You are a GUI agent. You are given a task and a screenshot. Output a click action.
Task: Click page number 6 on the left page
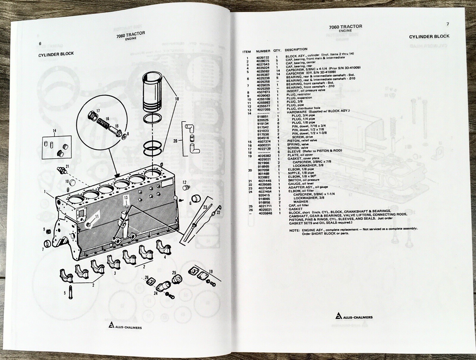(x=40, y=43)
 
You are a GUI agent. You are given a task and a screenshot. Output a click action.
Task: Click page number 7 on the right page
(x=447, y=24)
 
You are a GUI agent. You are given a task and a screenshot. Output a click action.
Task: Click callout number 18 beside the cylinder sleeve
(x=178, y=99)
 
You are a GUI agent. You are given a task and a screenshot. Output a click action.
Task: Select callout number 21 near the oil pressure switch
(x=67, y=166)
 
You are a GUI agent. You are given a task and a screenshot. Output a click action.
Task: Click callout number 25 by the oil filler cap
(x=174, y=272)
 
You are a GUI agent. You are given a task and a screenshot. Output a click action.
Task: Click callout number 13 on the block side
(x=126, y=197)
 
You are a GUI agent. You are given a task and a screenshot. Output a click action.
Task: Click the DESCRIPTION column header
(x=296, y=50)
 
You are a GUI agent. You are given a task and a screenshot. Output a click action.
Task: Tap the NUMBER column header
(x=263, y=51)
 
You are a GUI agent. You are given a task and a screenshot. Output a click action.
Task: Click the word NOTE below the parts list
(x=295, y=230)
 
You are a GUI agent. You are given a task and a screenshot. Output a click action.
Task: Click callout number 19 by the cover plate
(x=211, y=271)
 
